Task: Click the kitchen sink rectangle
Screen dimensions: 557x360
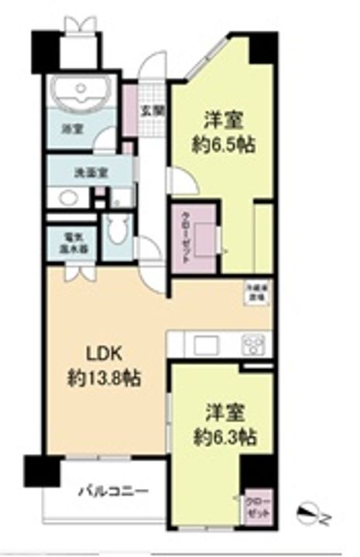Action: point(207,343)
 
